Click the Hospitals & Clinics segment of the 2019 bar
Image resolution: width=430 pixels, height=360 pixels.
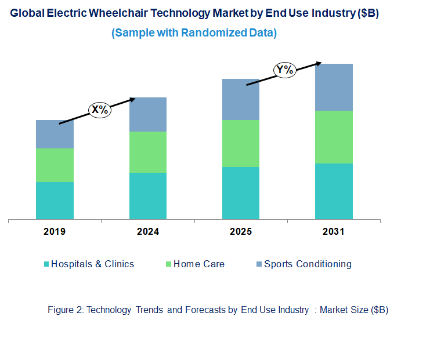pyautogui.click(x=55, y=201)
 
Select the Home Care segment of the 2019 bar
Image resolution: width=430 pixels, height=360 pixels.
pyautogui.click(x=55, y=165)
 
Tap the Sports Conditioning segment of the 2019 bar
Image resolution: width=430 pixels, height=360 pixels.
pyautogui.click(x=55, y=134)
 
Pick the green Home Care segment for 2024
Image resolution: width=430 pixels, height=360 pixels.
pyautogui.click(x=147, y=152)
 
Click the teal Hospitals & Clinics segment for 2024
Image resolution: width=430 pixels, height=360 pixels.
pyautogui.click(x=147, y=196)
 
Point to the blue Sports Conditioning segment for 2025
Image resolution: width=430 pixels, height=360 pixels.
pyautogui.click(x=241, y=99)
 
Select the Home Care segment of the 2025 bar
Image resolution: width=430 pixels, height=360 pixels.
pyautogui.click(x=241, y=143)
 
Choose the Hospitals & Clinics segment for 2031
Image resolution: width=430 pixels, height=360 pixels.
pyautogui.click(x=334, y=191)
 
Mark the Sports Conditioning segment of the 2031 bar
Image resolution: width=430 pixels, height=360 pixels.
pyautogui.click(x=334, y=87)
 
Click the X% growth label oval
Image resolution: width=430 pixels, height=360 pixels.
pyautogui.click(x=99, y=110)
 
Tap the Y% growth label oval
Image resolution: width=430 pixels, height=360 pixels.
pyautogui.click(x=285, y=70)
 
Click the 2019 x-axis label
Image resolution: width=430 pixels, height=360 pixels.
pyautogui.click(x=55, y=232)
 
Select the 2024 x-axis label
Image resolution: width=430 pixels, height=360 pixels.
pyautogui.click(x=147, y=232)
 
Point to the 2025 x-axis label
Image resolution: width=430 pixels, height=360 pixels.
pyautogui.click(x=241, y=232)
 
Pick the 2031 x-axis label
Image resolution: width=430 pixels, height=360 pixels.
pyautogui.click(x=334, y=232)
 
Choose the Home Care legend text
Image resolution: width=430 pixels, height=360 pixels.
pyautogui.click(x=198, y=264)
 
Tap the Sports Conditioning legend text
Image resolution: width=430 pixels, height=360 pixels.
pyautogui.click(x=308, y=264)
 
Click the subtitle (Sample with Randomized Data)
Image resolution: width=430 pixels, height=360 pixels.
pyautogui.click(x=194, y=33)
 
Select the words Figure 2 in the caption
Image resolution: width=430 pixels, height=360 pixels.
pyautogui.click(x=65, y=310)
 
